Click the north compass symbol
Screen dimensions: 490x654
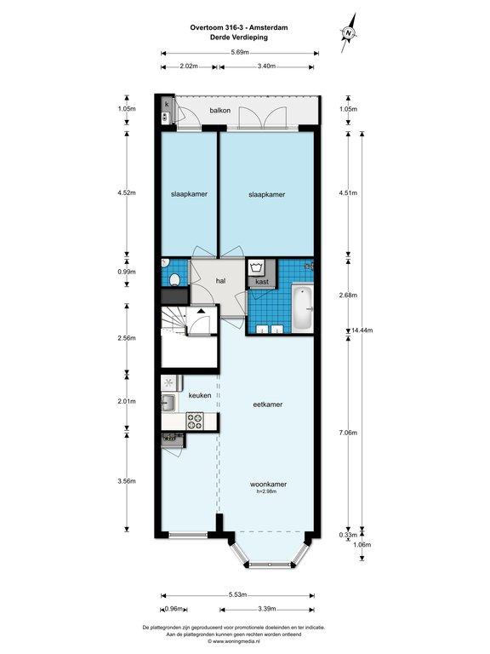[349, 33]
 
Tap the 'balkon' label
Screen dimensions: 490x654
[220, 111]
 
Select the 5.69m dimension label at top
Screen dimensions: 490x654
[240, 53]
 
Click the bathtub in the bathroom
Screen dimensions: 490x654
[303, 308]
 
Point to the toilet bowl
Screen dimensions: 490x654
[174, 279]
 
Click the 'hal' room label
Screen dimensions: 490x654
[221, 281]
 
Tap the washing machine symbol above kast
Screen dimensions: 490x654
[257, 267]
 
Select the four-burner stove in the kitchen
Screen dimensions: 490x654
[195, 421]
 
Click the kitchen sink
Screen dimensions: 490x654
[168, 403]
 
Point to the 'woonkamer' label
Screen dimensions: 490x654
[268, 485]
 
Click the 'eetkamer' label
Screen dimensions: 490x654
[268, 404]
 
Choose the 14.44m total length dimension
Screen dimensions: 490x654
[362, 330]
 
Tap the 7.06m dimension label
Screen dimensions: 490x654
[348, 433]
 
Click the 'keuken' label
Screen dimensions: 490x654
[200, 395]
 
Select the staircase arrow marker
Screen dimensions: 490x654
[202, 311]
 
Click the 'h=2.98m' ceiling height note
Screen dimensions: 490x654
[266, 491]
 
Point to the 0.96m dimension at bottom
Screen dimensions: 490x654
[174, 609]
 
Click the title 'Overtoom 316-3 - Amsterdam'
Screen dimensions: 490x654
[239, 27]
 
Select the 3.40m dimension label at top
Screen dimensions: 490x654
[266, 66]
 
